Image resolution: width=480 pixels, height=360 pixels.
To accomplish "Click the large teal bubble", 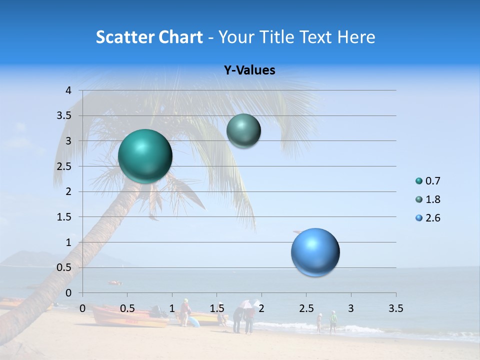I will (x=145, y=156).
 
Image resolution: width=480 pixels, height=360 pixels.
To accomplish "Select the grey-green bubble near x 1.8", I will (x=243, y=131).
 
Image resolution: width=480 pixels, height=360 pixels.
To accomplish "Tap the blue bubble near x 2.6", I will (x=315, y=252).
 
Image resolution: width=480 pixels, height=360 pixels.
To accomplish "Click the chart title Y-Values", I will (x=249, y=70).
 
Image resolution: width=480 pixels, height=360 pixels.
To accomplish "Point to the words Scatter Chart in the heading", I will (x=149, y=37).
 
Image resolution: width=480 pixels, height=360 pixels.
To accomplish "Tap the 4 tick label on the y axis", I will (x=69, y=90).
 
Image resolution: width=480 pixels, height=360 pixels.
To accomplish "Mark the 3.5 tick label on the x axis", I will (x=396, y=308).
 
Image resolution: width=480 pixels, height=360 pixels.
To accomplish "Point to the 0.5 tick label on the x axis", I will (x=127, y=308).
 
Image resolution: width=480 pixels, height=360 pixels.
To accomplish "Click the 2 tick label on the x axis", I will (x=261, y=308).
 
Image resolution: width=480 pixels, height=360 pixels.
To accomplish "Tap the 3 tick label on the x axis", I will (x=351, y=308).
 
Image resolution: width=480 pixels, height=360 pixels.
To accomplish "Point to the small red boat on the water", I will (x=115, y=283).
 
